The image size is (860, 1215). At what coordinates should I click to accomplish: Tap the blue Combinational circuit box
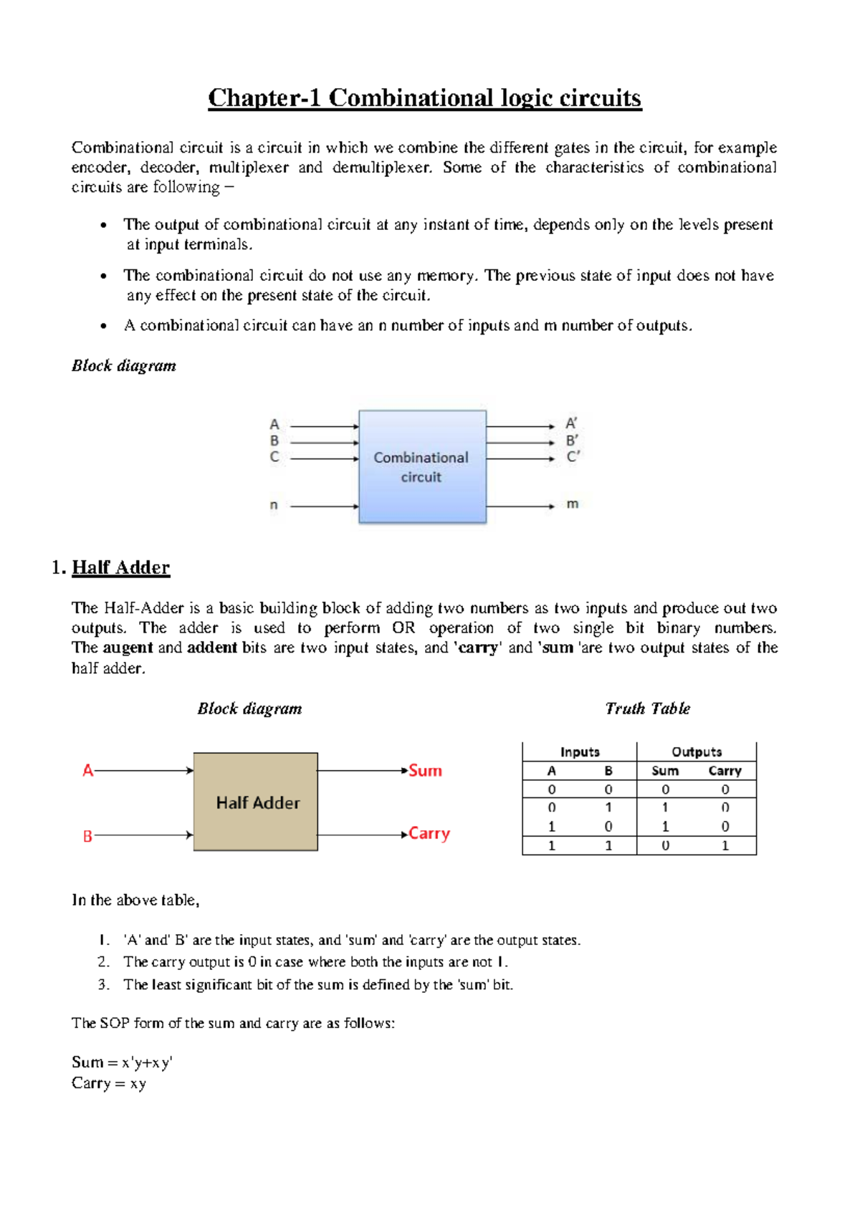point(422,466)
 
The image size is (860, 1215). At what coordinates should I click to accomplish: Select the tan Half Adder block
point(256,802)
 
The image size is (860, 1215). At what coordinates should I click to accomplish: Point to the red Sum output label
point(426,771)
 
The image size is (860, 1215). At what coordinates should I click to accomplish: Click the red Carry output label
point(429,834)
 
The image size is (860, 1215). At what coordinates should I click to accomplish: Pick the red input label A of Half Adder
point(87,771)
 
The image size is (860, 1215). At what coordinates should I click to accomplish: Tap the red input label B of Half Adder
point(87,836)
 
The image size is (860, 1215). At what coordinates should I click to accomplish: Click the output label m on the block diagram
point(573,504)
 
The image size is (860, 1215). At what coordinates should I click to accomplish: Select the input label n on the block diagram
point(274,506)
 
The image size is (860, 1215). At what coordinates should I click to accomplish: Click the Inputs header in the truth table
point(580,752)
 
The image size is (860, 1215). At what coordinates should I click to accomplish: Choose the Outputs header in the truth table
point(697,752)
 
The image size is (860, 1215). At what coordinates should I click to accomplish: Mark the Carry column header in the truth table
point(725,771)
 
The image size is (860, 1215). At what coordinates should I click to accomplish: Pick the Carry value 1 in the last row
point(725,846)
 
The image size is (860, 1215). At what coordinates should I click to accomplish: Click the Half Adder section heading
point(120,567)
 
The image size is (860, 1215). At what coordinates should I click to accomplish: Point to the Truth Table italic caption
point(647,709)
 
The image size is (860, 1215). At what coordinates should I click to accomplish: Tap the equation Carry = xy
point(109,1083)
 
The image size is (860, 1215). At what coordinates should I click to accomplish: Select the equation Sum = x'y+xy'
point(122,1062)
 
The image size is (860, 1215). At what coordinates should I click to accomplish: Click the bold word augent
point(128,648)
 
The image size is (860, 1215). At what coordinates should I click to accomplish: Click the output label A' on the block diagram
point(571,423)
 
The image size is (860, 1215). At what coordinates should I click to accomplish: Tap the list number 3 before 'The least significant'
point(103,984)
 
